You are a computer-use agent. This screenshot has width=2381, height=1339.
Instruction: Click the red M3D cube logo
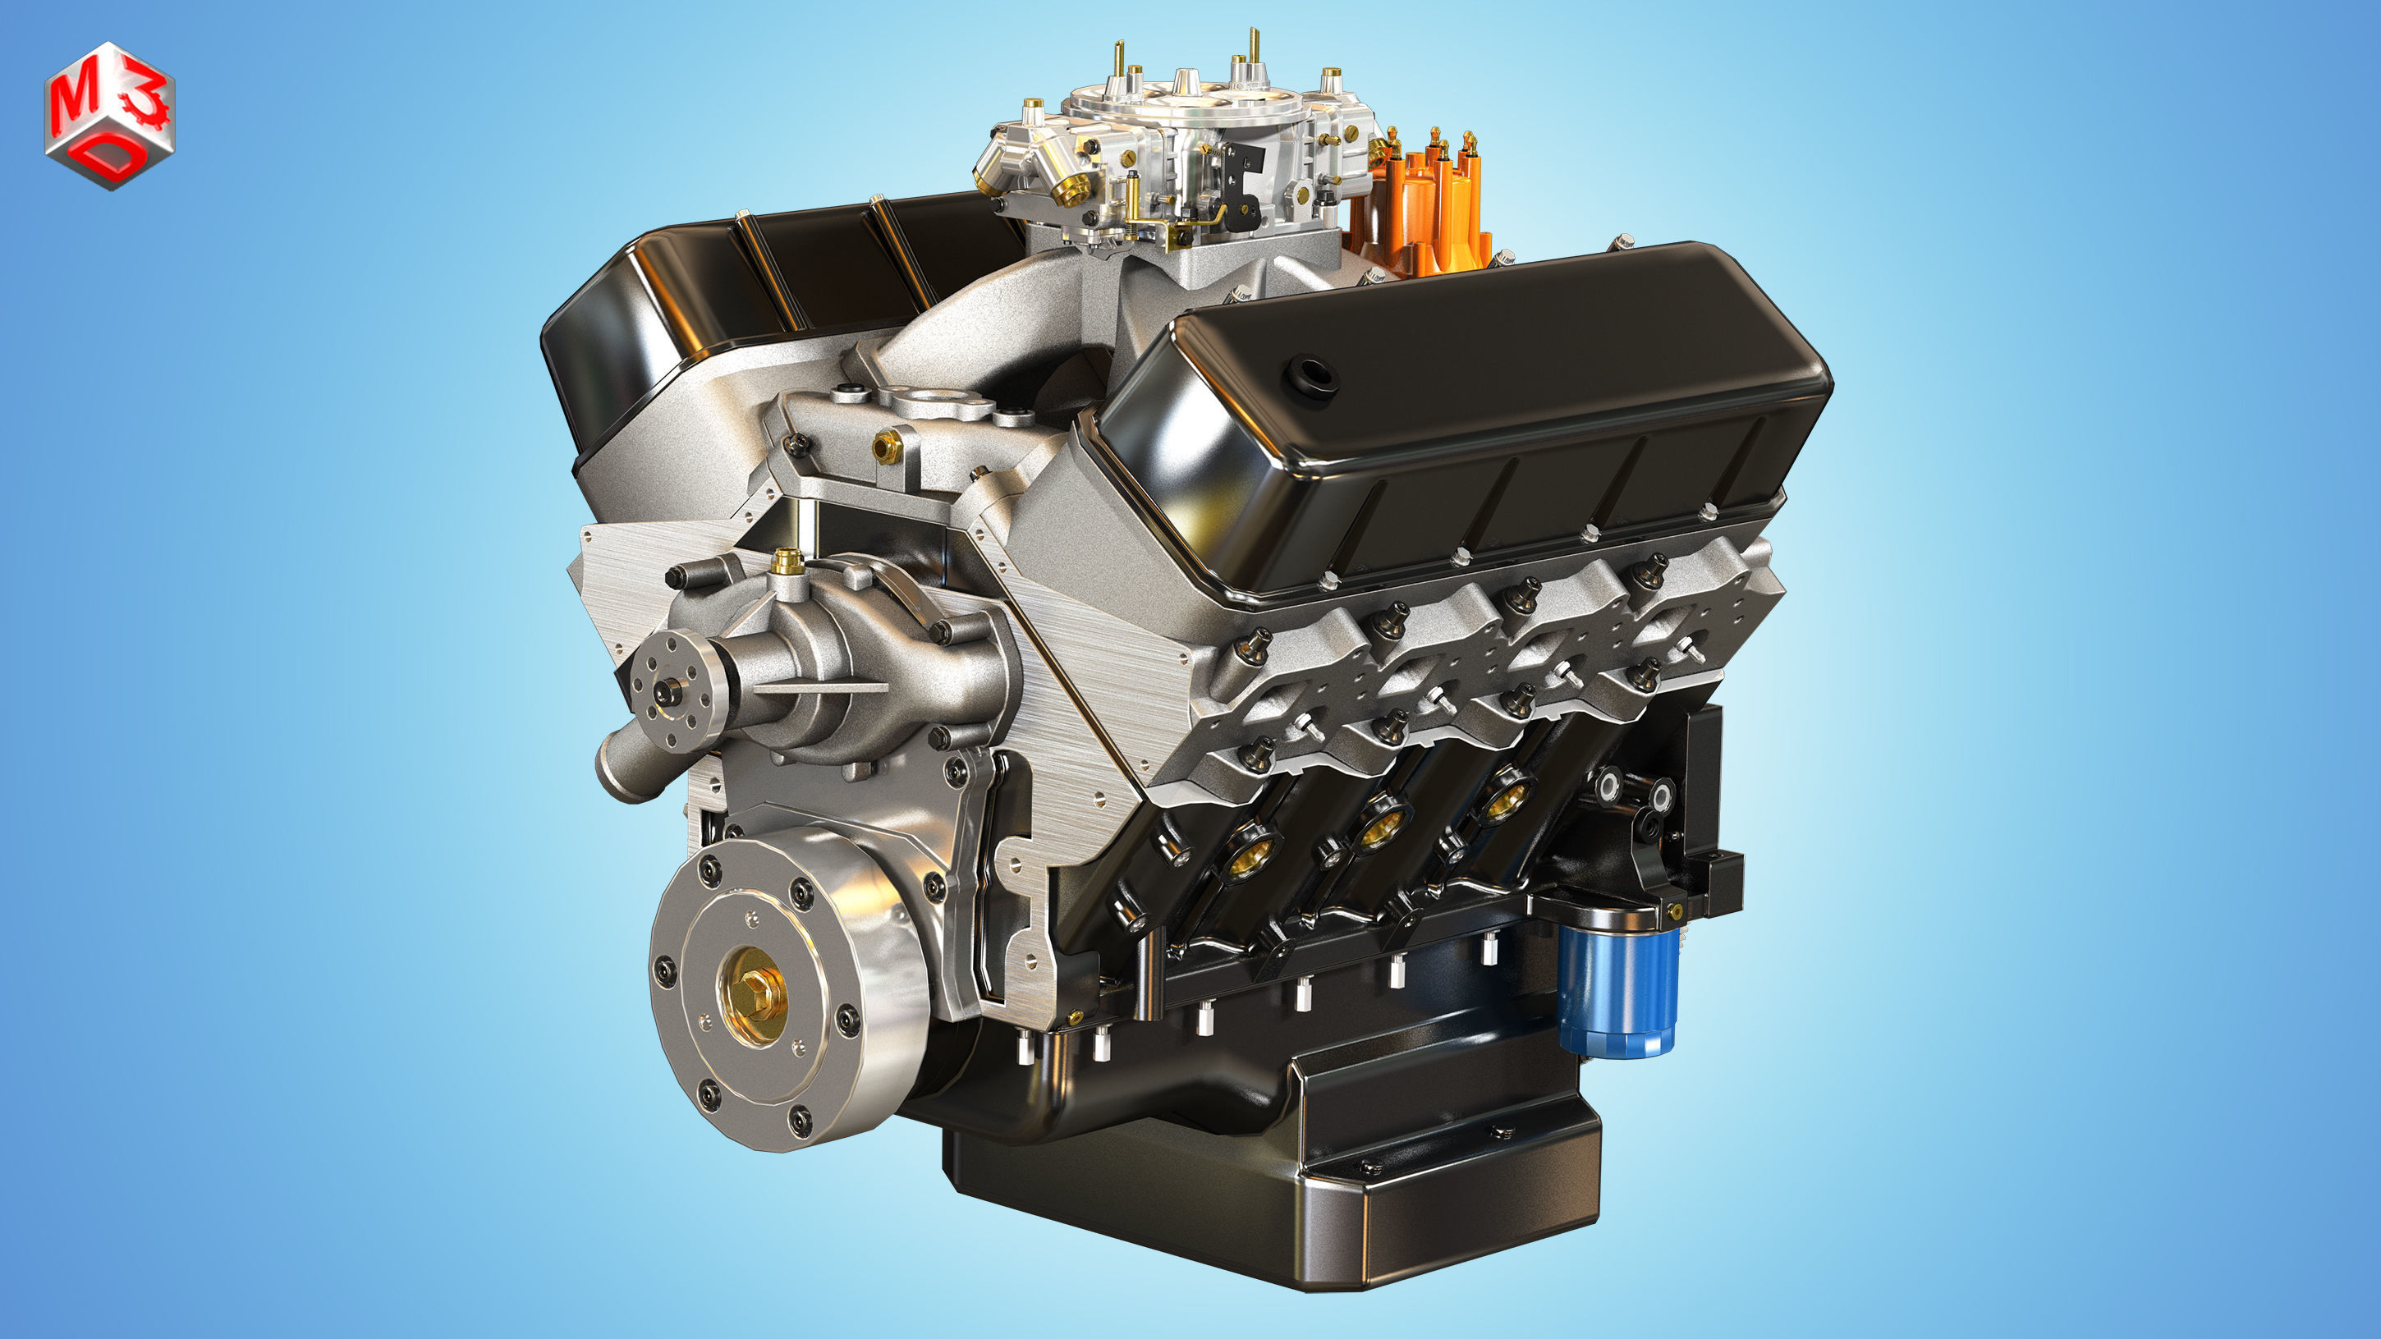[x=109, y=116]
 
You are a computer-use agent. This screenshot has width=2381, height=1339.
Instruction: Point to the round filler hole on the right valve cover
[x=1314, y=375]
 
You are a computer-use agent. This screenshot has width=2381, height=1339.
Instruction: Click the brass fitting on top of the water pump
[x=787, y=558]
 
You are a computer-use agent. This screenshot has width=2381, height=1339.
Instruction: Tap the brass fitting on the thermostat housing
[x=885, y=447]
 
